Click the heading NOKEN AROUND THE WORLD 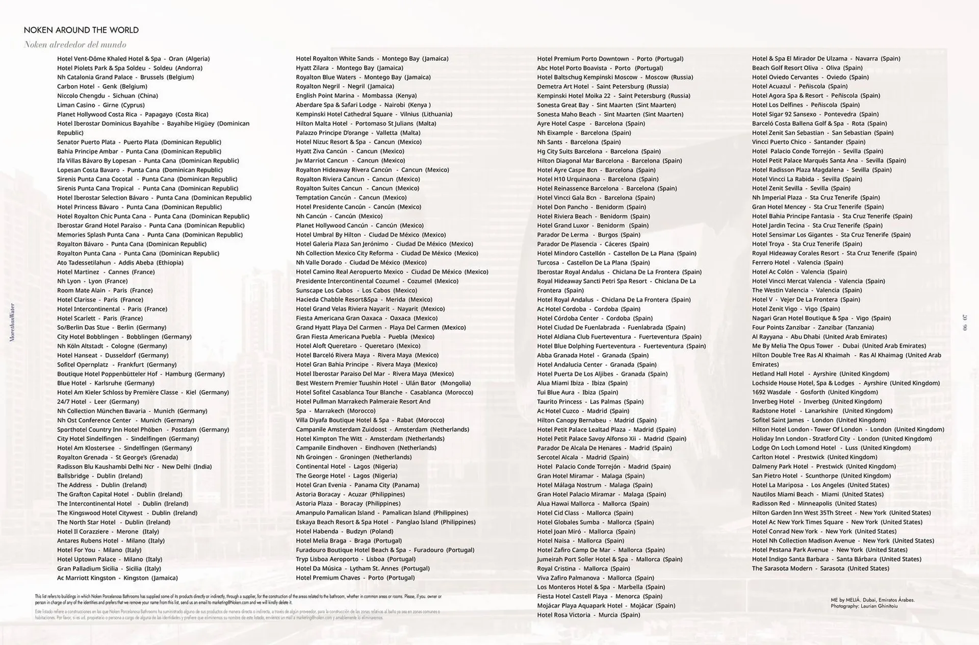81,30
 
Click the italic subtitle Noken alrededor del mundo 75,44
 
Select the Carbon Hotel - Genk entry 102,86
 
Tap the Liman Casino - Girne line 101,105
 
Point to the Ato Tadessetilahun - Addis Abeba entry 120,262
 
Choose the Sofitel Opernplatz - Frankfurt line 117,364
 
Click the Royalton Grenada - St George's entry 117,457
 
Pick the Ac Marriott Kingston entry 117,578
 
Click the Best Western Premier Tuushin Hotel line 383,383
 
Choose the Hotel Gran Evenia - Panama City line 357,485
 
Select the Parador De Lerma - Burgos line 588,235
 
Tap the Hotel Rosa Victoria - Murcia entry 588,615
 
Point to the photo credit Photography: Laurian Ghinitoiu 864,606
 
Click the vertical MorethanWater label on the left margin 13,322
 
